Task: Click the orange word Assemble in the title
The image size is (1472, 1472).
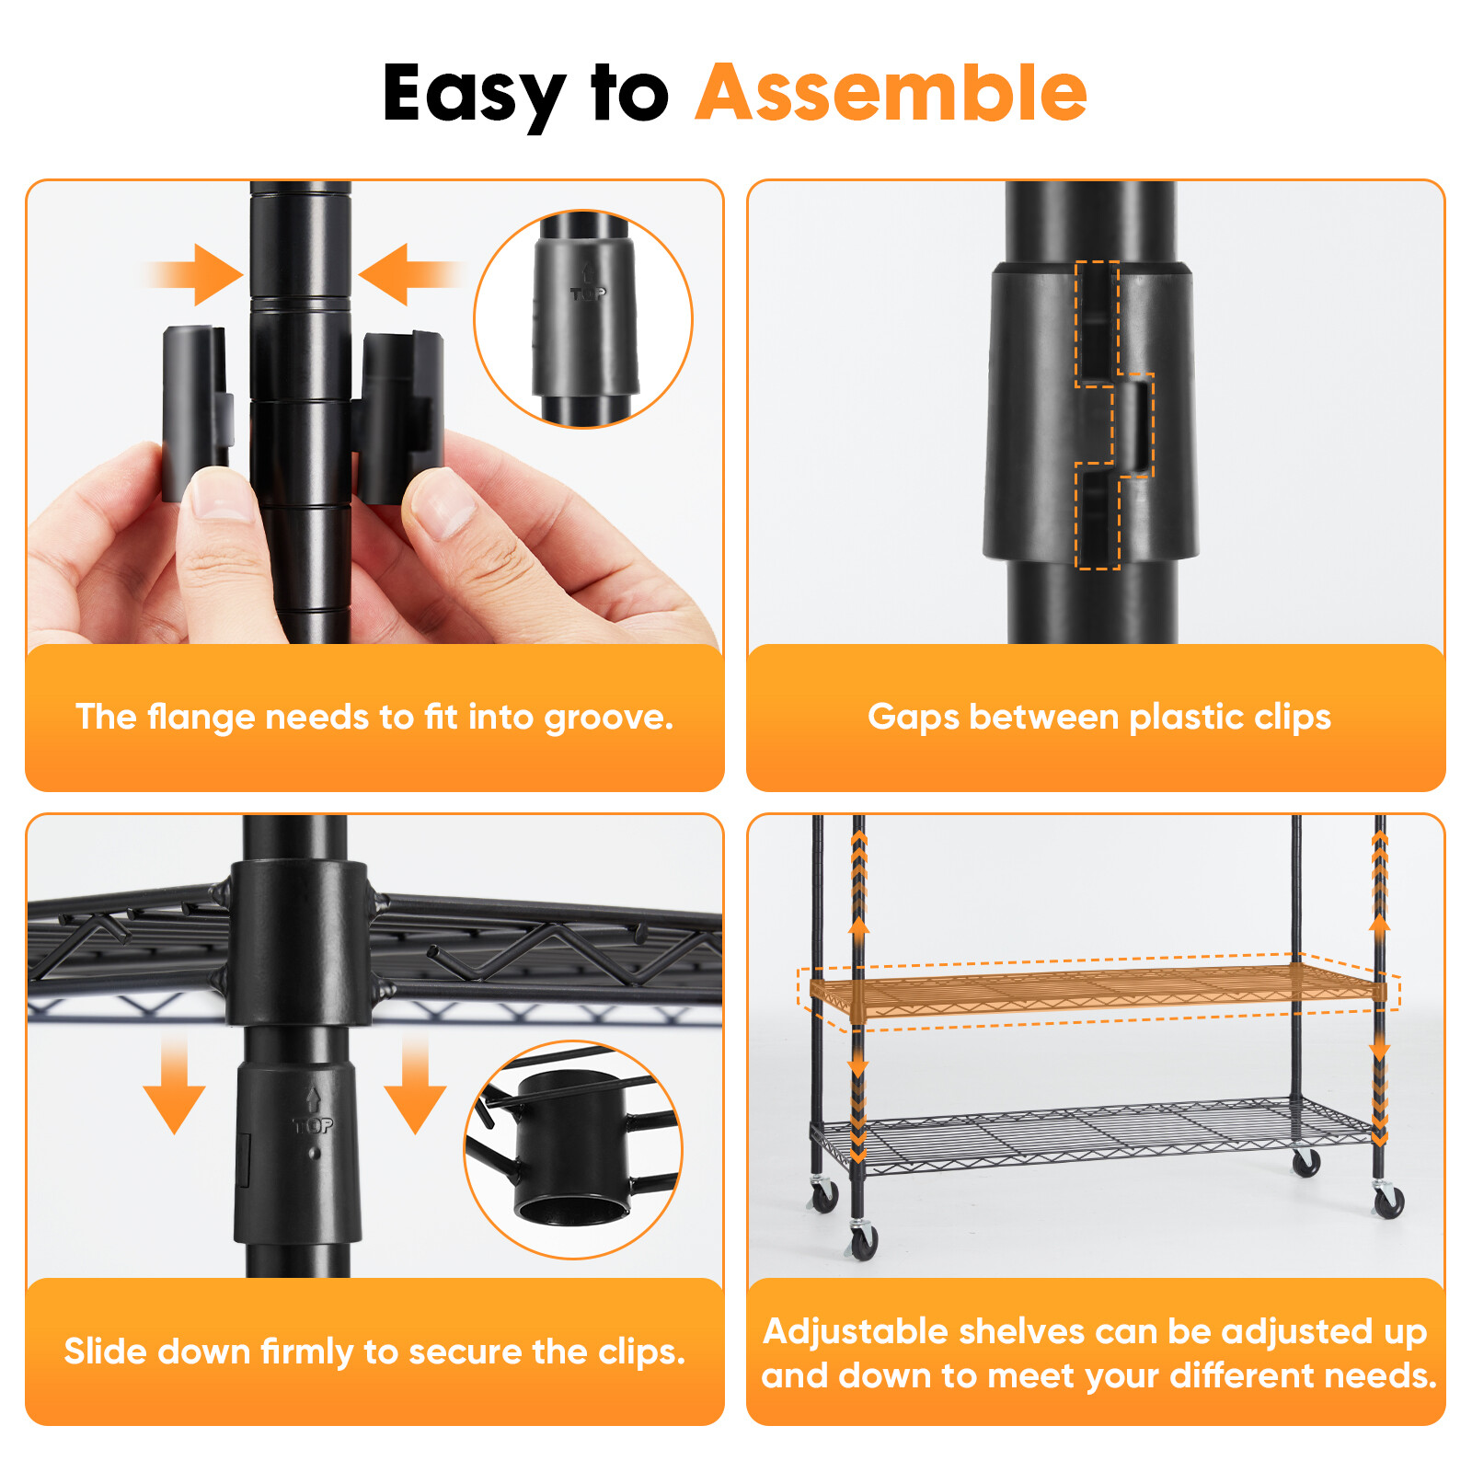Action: [x=891, y=93]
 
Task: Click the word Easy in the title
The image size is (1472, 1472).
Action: [x=474, y=95]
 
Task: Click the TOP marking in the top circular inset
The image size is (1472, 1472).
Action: [x=588, y=293]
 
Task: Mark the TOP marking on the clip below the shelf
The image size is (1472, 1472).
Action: [x=313, y=1124]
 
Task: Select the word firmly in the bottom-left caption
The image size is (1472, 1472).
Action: [x=308, y=1351]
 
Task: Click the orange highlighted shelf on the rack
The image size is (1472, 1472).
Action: [x=1095, y=989]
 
